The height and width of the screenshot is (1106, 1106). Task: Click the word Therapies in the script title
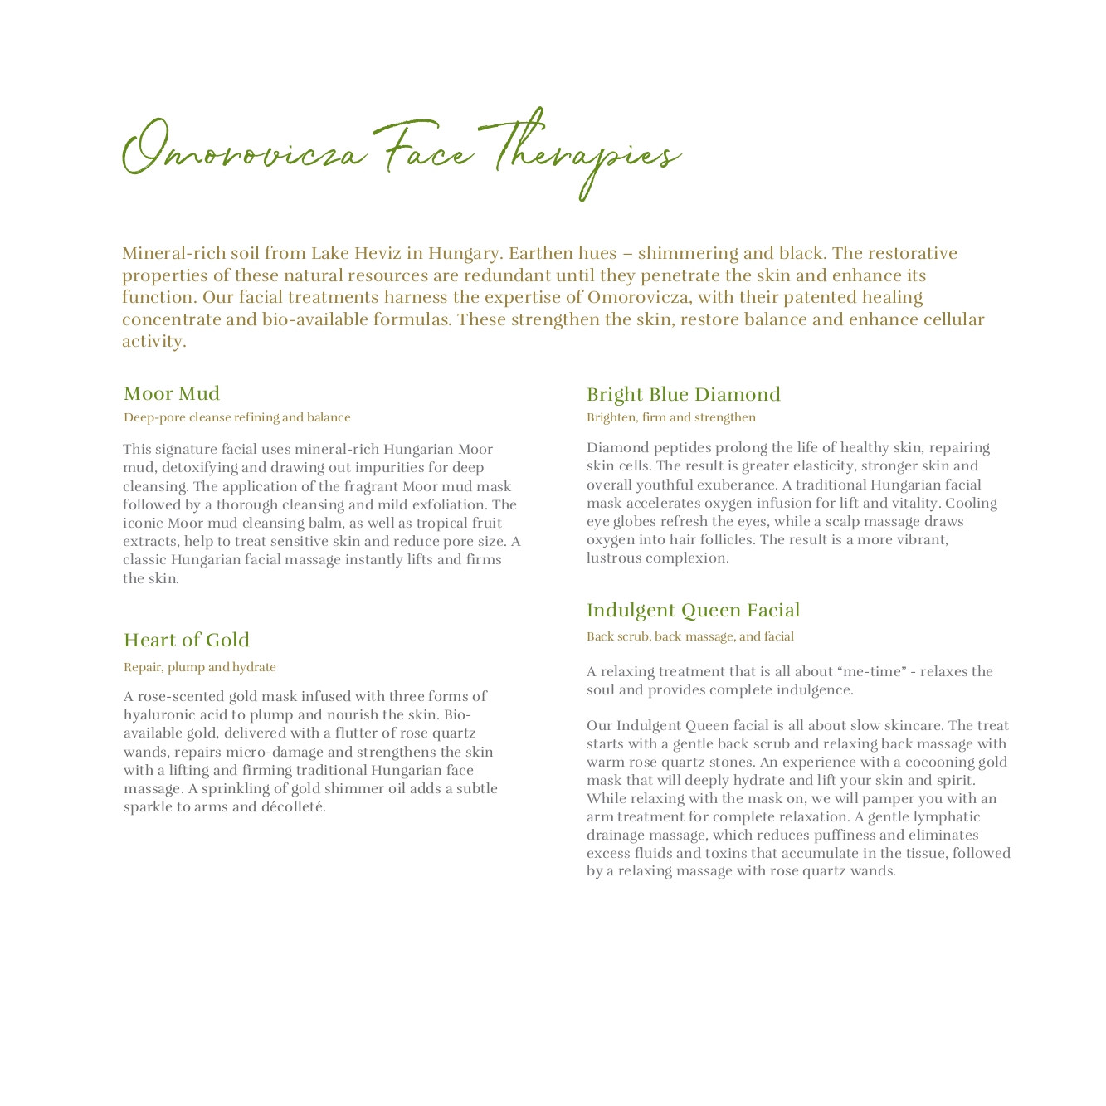click(585, 154)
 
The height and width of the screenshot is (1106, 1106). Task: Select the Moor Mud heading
click(172, 393)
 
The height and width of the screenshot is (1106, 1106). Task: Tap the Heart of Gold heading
click(187, 640)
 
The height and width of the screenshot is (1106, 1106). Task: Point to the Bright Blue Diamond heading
click(684, 394)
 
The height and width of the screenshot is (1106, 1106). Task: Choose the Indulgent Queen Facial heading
click(693, 611)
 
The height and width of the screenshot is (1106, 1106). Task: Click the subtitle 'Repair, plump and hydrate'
click(200, 667)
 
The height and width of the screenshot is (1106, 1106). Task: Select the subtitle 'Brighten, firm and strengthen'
click(671, 417)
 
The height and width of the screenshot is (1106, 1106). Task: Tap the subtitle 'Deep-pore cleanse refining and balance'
click(237, 417)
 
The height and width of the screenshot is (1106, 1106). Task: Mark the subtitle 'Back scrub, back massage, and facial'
click(690, 636)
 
